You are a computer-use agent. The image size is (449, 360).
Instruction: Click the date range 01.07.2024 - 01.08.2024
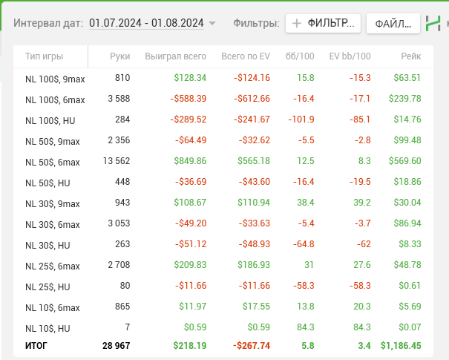[x=146, y=23]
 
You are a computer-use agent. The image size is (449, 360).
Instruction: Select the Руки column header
[x=119, y=56]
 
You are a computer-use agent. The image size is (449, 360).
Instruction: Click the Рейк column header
[x=410, y=56]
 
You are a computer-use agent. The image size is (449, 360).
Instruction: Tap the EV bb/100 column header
[x=350, y=56]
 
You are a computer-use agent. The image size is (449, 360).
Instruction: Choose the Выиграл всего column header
[x=176, y=56]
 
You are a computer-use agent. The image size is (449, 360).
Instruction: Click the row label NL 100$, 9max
[x=55, y=78]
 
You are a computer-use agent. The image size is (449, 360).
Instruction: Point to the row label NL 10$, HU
[x=47, y=328]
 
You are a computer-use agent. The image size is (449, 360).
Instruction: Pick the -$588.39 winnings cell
[x=188, y=99]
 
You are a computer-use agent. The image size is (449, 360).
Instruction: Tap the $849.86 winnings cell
[x=190, y=161]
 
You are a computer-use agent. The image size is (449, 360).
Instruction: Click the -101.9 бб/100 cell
[x=298, y=120]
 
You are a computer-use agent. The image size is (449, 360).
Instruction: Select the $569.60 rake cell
[x=404, y=161]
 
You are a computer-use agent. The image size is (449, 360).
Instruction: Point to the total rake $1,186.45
[x=401, y=345]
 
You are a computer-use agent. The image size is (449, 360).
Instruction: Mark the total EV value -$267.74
[x=251, y=345]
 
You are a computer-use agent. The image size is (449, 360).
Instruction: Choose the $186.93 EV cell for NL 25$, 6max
[x=253, y=265]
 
